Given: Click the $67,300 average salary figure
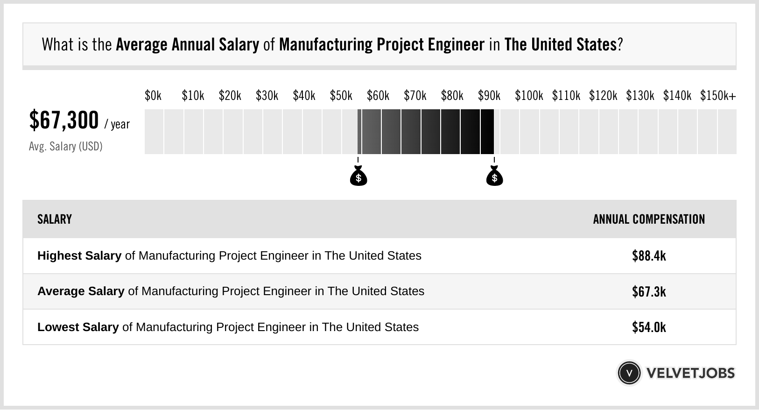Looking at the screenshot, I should pos(64,120).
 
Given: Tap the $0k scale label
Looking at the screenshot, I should pos(153,96).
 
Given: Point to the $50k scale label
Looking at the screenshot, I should pos(341,96).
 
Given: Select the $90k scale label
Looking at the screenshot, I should pos(489,96).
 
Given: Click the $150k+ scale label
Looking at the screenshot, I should pos(717,96).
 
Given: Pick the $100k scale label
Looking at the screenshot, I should pos(529,96).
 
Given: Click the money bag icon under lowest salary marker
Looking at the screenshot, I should pos(358,177).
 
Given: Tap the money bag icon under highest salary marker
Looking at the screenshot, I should pos(494,177).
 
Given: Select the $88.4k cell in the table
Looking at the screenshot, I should pos(649,256).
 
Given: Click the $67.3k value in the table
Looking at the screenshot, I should pos(649,292).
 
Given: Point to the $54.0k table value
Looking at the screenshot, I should pos(649,327).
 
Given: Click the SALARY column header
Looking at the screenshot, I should pos(55,219).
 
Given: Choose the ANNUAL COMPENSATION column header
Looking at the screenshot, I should pos(649,219).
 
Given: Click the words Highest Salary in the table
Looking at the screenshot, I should pos(79,256).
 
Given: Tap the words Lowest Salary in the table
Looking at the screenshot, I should pos(78,327).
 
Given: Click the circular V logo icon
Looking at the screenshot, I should pos(629,373).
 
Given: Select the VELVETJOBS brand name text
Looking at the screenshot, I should pos(690,373).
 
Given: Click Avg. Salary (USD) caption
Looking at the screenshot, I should pos(66,147).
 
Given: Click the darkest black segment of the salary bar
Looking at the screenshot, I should pos(487,132).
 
